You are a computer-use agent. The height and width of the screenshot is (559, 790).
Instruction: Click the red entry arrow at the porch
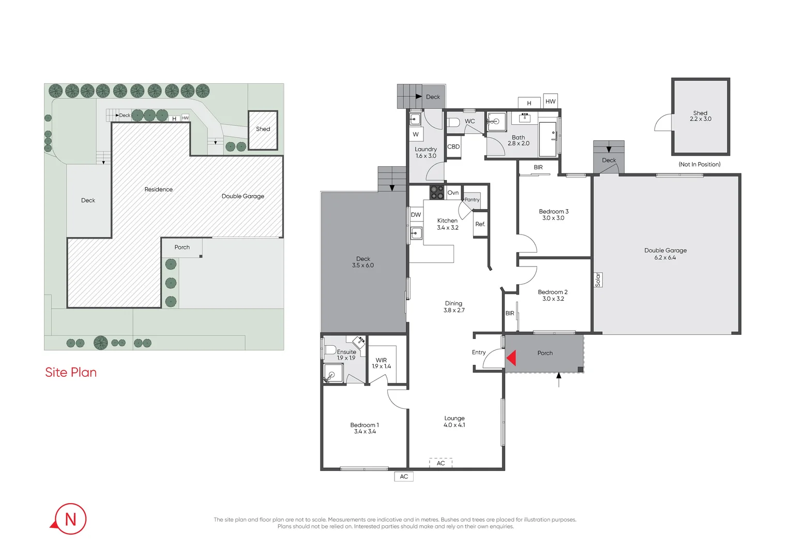[512, 358]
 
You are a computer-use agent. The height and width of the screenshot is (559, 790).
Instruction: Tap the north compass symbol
[70, 519]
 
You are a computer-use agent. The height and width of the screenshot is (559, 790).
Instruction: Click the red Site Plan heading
[71, 372]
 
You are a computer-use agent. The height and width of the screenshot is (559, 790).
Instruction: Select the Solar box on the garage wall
[598, 279]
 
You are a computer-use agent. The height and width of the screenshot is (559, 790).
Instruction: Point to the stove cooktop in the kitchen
[436, 193]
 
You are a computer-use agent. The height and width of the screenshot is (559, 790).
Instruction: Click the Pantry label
[472, 199]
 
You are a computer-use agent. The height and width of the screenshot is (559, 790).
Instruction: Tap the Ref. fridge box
[480, 224]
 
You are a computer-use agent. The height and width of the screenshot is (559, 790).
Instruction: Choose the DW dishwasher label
[416, 215]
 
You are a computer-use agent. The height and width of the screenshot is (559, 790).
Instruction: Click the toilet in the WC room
[453, 123]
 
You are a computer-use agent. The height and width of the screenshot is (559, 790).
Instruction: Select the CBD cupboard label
[453, 146]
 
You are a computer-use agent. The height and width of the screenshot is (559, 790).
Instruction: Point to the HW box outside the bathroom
[550, 101]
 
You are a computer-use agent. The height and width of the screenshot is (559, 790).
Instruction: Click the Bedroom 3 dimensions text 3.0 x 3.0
[553, 218]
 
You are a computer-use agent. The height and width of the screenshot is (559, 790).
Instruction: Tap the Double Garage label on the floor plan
[665, 251]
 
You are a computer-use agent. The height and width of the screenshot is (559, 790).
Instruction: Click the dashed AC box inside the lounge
[440, 463]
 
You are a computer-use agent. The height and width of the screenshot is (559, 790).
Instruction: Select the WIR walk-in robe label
[381, 361]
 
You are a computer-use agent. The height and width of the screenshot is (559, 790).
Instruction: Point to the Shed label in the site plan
[263, 129]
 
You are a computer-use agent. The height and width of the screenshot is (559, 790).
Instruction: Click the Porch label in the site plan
[182, 247]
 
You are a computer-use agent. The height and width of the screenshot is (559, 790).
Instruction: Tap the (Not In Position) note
[700, 164]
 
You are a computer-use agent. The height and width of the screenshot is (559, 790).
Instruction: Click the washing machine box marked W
[416, 135]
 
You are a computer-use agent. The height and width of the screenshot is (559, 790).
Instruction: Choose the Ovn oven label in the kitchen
[453, 193]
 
